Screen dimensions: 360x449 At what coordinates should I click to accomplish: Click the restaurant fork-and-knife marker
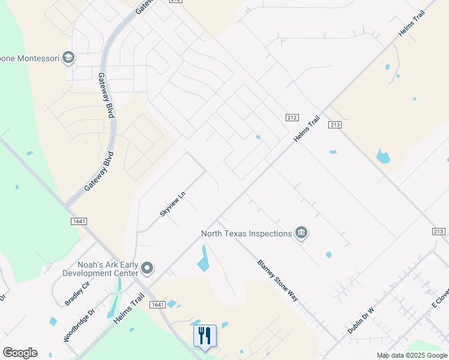pyautogui.click(x=204, y=335)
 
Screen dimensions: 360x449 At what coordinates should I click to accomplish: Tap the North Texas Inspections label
pyautogui.click(x=246, y=233)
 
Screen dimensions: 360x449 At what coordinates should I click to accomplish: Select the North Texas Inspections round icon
pyautogui.click(x=301, y=233)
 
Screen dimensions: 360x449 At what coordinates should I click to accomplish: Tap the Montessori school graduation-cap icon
pyautogui.click(x=68, y=58)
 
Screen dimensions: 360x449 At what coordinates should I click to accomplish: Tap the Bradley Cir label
pyautogui.click(x=77, y=292)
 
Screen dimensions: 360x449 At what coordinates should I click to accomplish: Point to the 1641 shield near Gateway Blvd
pyautogui.click(x=79, y=221)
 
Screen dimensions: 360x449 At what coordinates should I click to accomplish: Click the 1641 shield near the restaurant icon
pyautogui.click(x=157, y=305)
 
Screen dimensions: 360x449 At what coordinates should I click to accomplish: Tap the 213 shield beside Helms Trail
pyautogui.click(x=335, y=125)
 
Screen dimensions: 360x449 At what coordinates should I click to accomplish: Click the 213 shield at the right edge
pyautogui.click(x=438, y=232)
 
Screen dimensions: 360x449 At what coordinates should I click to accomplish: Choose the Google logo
pyautogui.click(x=20, y=353)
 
